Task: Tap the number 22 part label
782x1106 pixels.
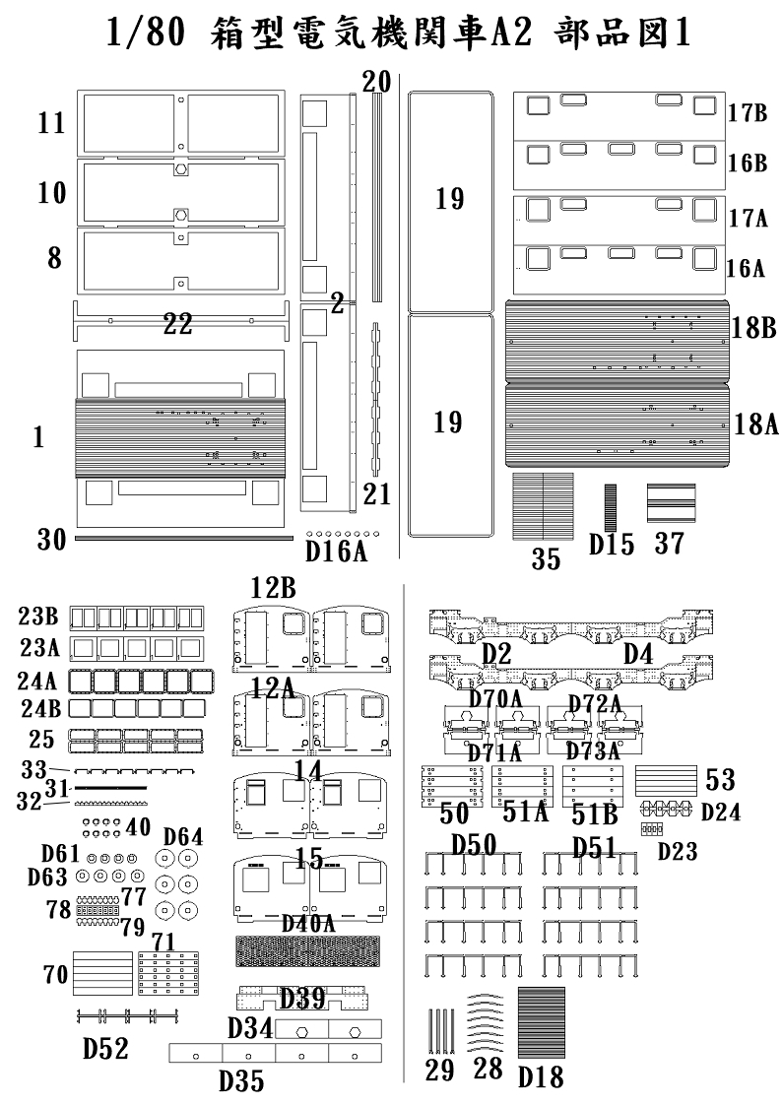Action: (x=177, y=324)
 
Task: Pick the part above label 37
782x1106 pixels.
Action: (x=670, y=503)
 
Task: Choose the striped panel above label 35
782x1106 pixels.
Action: (x=543, y=506)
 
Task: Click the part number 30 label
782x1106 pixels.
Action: (x=51, y=540)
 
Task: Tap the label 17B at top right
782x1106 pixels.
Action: (x=748, y=112)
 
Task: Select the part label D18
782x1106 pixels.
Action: (x=542, y=1076)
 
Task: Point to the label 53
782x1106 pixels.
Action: (x=720, y=781)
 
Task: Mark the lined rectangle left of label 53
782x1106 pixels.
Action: (x=668, y=780)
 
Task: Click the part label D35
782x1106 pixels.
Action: (x=240, y=1081)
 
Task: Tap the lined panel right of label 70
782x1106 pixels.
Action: (x=102, y=974)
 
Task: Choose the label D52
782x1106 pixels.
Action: (x=104, y=1049)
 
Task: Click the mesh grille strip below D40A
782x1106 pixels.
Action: (x=308, y=950)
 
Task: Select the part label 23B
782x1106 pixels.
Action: (x=38, y=618)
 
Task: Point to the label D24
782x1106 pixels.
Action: (x=720, y=813)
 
